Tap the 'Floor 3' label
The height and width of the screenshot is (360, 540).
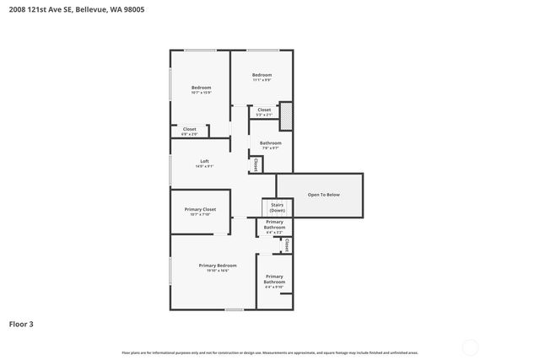[x=22, y=323]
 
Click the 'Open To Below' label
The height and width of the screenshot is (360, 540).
[x=323, y=195]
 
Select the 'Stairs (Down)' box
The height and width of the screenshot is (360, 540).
[x=277, y=207]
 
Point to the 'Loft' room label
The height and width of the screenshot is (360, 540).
[x=204, y=161]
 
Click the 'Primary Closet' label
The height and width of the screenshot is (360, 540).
[x=200, y=209]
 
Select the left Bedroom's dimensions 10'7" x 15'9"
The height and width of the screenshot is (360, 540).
[x=201, y=93]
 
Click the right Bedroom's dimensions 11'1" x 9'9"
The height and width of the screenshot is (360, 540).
[x=262, y=80]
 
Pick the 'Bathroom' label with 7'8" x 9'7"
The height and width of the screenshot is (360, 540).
[x=270, y=143]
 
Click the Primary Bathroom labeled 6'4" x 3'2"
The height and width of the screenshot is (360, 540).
[x=274, y=225]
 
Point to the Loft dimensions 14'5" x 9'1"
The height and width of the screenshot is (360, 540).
[x=204, y=166]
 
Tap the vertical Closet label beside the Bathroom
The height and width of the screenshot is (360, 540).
[x=256, y=164]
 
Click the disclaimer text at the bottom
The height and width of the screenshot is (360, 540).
[x=269, y=352]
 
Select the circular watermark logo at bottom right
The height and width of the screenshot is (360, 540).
[x=470, y=347]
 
